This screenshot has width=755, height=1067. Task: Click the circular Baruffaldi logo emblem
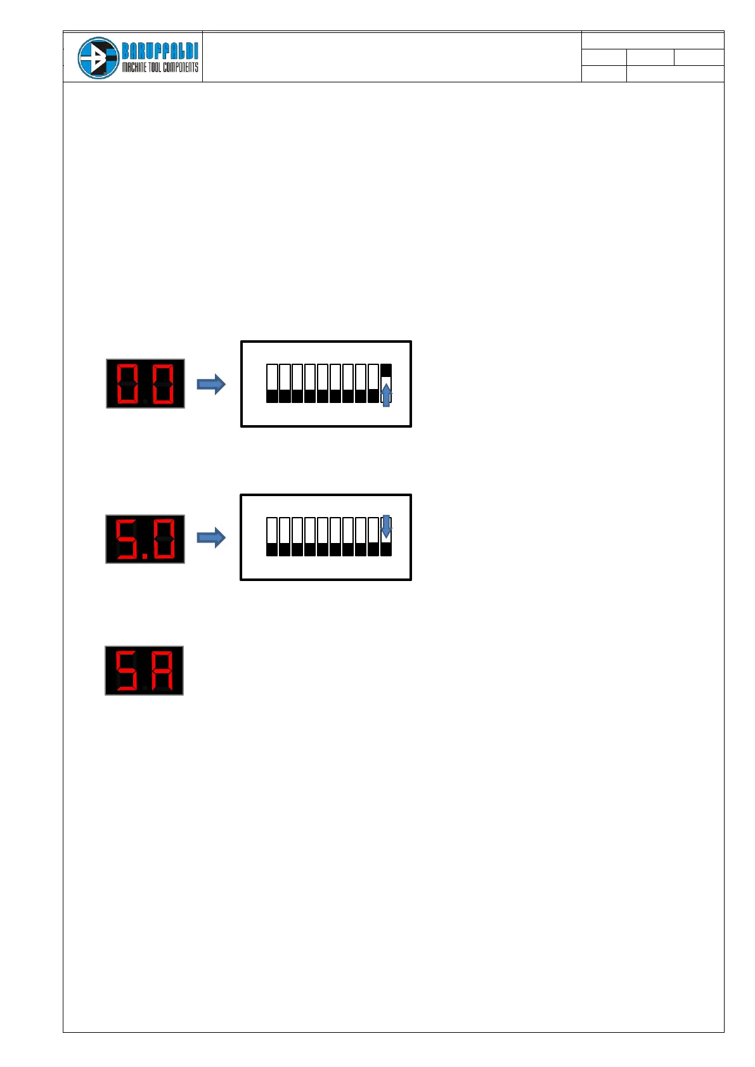pyautogui.click(x=98, y=58)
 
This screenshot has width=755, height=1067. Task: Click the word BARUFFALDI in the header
pyautogui.click(x=160, y=51)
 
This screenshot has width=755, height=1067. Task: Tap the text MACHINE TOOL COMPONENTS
pyautogui.click(x=160, y=67)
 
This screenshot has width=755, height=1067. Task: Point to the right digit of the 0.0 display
pyautogui.click(x=163, y=384)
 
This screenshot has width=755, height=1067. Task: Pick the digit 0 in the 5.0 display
pyautogui.click(x=164, y=539)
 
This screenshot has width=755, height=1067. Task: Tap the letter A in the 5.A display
pyautogui.click(x=163, y=670)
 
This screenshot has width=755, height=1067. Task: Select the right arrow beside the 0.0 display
pyautogui.click(x=211, y=384)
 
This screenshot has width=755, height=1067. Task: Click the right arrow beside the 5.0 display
pyautogui.click(x=211, y=538)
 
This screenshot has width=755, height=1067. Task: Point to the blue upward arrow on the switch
pyautogui.click(x=386, y=395)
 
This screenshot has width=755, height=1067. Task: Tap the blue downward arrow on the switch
pyautogui.click(x=386, y=527)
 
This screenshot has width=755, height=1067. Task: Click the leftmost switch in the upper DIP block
pyautogui.click(x=272, y=383)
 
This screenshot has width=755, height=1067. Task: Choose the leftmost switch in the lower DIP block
pyautogui.click(x=272, y=537)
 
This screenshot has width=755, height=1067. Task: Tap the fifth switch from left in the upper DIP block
pyautogui.click(x=323, y=383)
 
